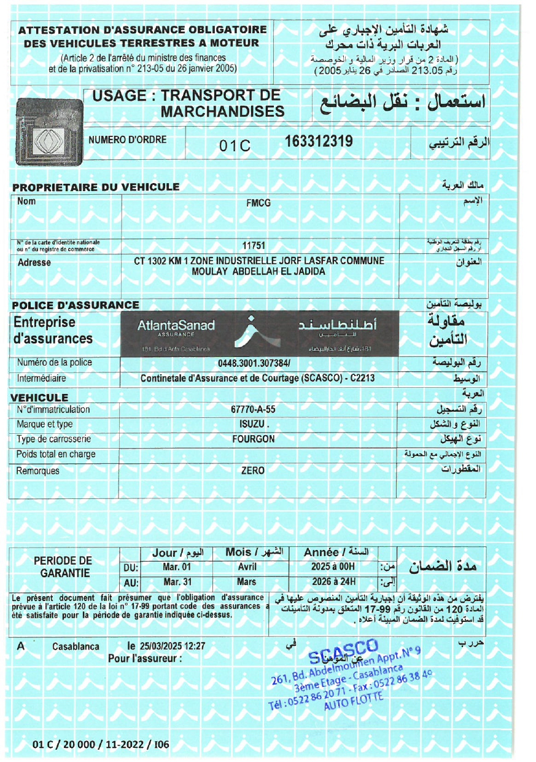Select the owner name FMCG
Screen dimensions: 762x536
click(258, 203)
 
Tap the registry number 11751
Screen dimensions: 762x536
click(253, 246)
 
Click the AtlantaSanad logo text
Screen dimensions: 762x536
click(176, 326)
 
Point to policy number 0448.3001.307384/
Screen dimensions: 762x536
click(254, 363)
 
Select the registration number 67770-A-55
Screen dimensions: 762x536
click(253, 409)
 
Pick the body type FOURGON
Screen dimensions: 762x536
click(253, 439)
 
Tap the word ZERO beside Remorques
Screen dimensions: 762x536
click(253, 471)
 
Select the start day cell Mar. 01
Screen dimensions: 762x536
click(177, 567)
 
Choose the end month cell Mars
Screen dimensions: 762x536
click(246, 582)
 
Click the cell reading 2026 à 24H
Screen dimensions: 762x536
click(334, 582)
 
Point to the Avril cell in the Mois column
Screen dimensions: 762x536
click(247, 567)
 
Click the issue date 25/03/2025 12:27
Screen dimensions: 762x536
click(172, 646)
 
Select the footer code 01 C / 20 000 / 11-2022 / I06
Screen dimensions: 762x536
click(101, 745)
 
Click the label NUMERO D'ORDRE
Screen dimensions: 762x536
click(128, 140)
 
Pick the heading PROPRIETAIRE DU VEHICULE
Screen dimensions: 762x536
click(96, 187)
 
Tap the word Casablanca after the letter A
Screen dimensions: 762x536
click(76, 647)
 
